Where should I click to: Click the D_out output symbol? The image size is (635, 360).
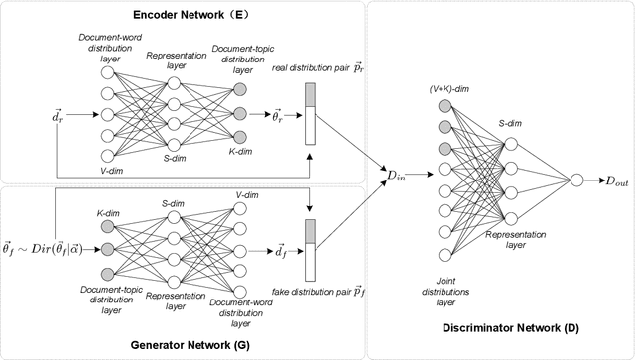606,180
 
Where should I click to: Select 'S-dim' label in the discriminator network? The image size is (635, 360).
512,122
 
